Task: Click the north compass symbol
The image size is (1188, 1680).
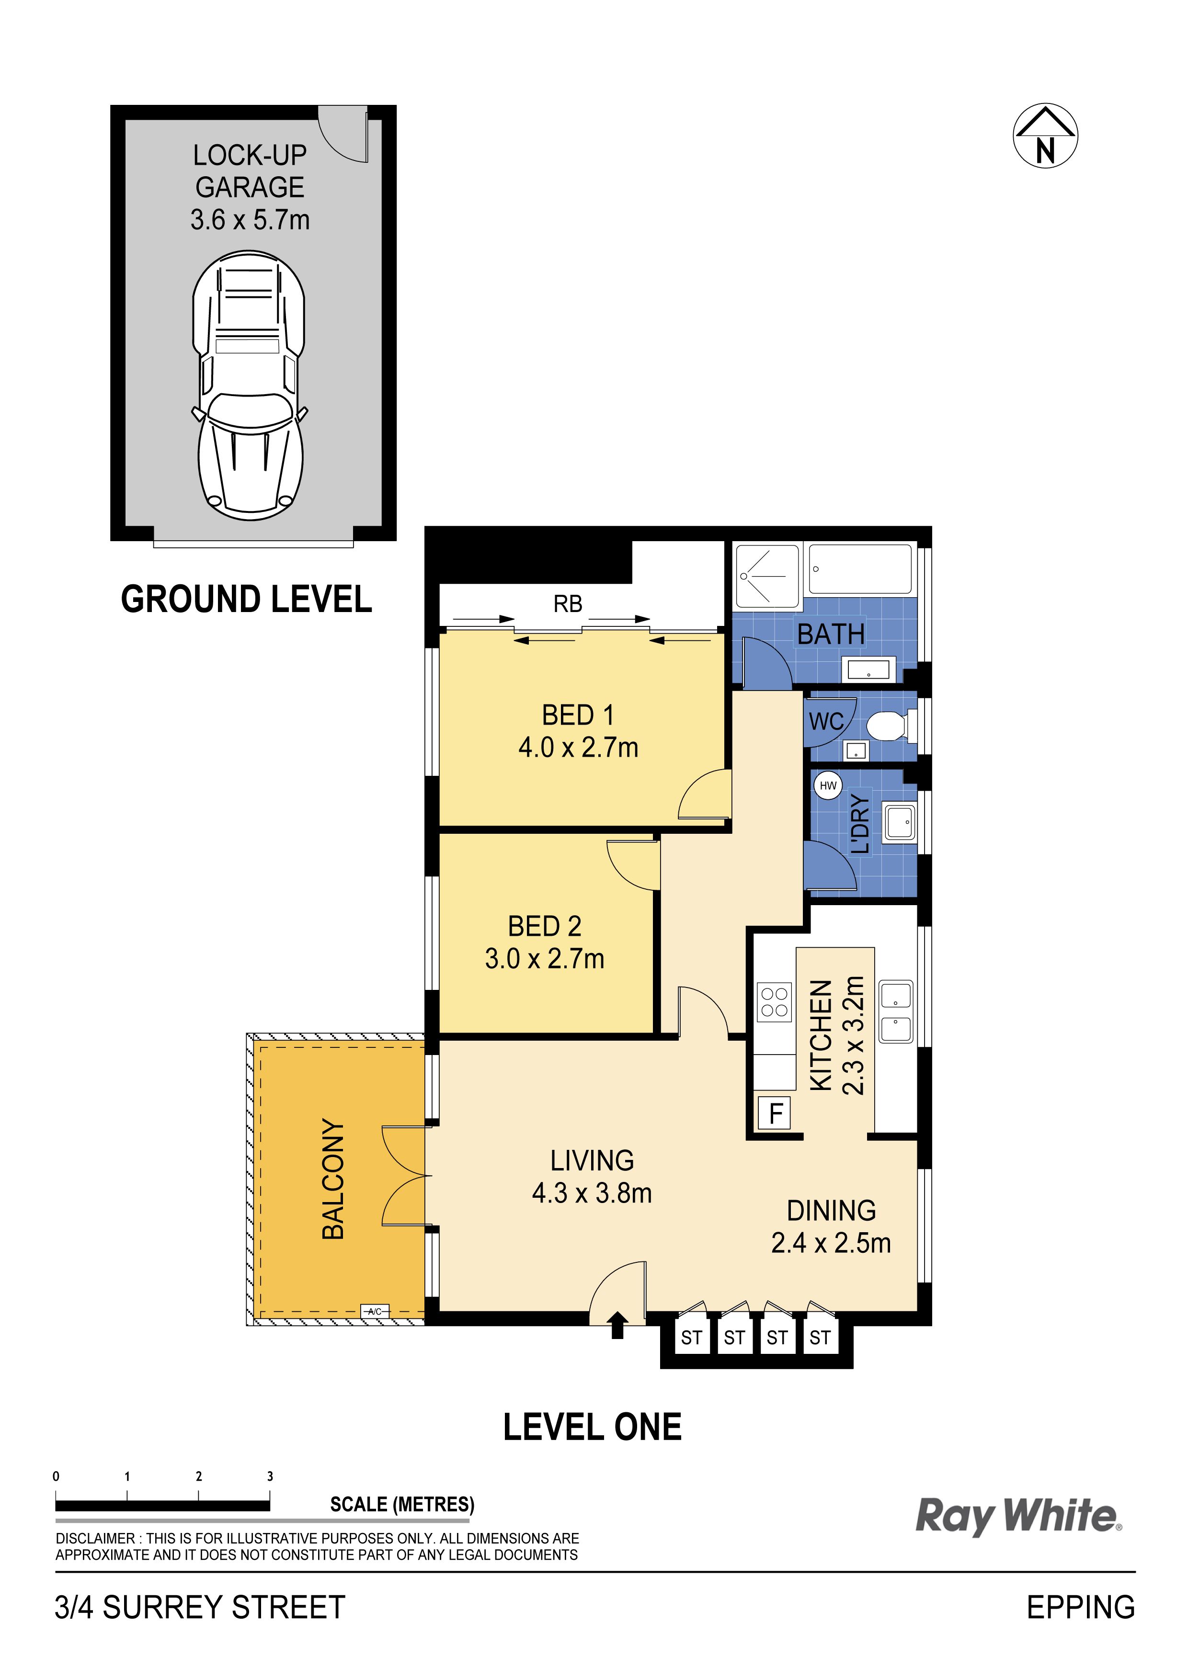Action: [x=1045, y=136]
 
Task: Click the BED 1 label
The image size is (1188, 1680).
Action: [x=578, y=715]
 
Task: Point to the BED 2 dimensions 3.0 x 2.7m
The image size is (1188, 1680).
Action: [x=545, y=959]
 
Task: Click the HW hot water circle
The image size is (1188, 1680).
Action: [x=828, y=786]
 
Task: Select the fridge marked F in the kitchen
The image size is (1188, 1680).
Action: [x=776, y=1113]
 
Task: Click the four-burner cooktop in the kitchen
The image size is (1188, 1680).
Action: [x=775, y=1002]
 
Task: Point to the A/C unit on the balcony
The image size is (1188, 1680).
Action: [x=375, y=1311]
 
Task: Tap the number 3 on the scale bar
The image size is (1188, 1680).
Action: [x=270, y=1476]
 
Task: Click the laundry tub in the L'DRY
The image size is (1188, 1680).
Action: [x=900, y=822]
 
